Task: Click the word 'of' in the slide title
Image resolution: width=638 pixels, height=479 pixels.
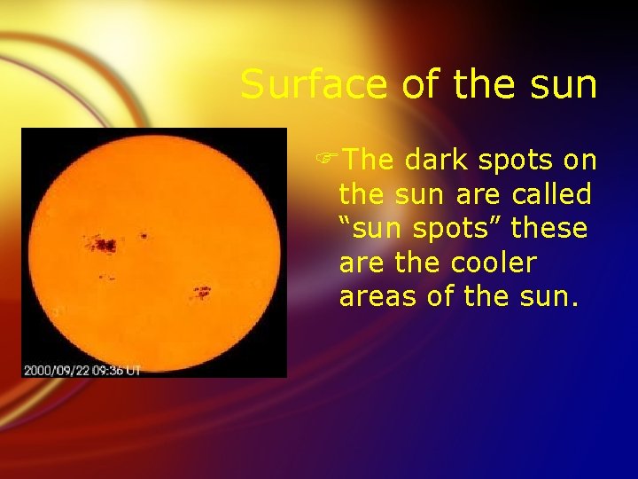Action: pyautogui.click(x=418, y=86)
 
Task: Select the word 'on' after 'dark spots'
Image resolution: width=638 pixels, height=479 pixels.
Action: pyautogui.click(x=580, y=160)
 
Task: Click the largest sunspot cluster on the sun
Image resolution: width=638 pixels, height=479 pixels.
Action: pyautogui.click(x=104, y=243)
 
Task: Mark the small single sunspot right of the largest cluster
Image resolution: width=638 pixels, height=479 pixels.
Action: pyautogui.click(x=144, y=236)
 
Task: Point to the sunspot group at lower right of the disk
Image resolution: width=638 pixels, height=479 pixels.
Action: pyautogui.click(x=202, y=290)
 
